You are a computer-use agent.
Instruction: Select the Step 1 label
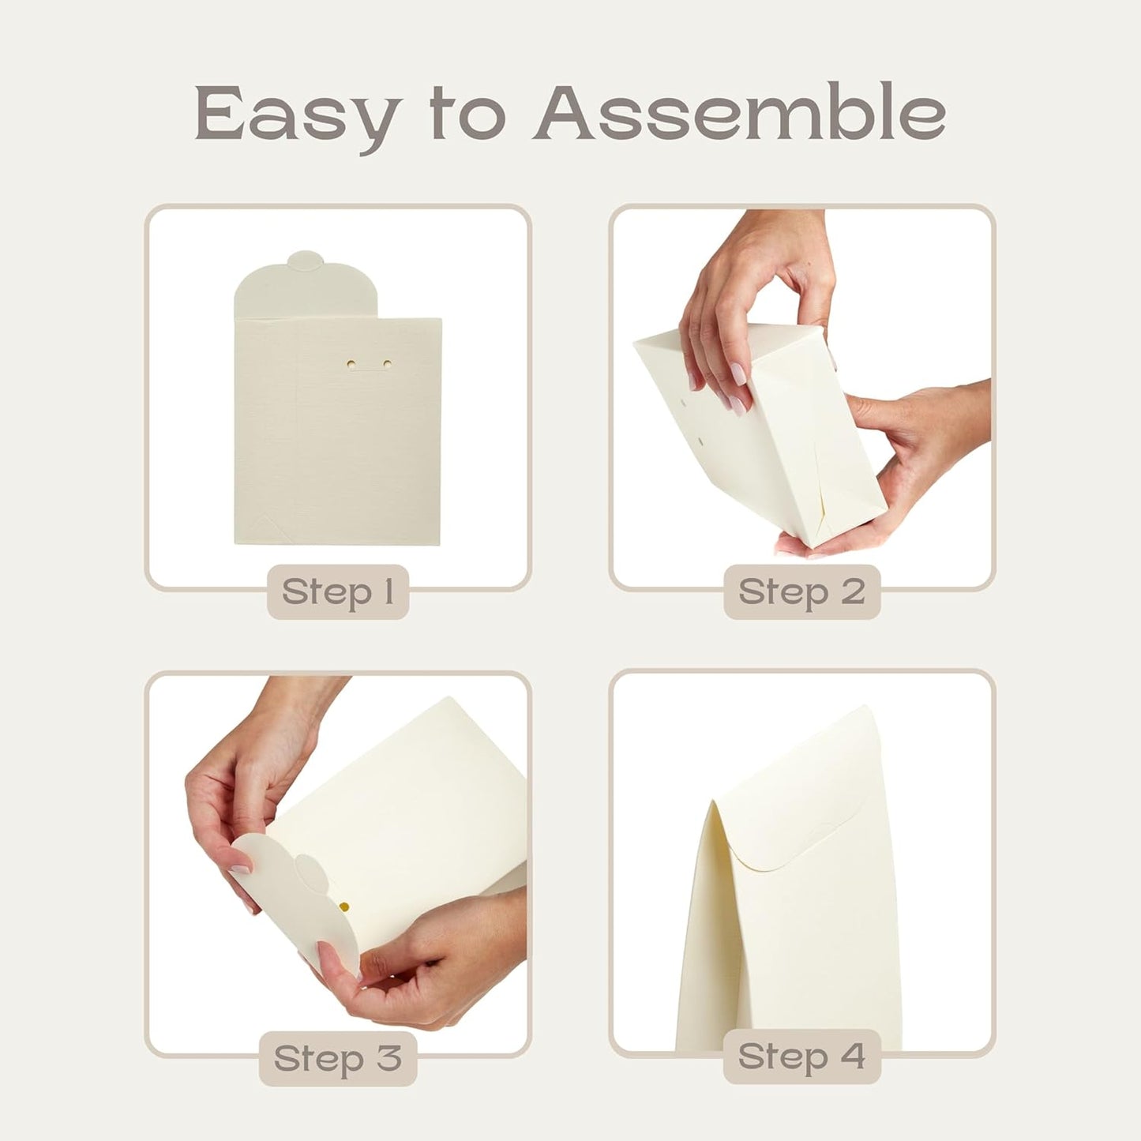pyautogui.click(x=338, y=591)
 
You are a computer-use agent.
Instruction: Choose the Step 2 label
pyautogui.click(x=801, y=591)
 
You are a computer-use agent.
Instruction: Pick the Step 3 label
pyautogui.click(x=338, y=1058)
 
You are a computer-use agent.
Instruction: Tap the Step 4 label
pyautogui.click(x=801, y=1057)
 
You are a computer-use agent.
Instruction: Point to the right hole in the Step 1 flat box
pyautogui.click(x=387, y=364)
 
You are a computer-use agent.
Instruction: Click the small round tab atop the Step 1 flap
pyautogui.click(x=306, y=261)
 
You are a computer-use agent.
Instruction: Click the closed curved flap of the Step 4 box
pyautogui.click(x=798, y=821)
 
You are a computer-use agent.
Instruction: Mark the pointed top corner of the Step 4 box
pyautogui.click(x=713, y=805)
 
